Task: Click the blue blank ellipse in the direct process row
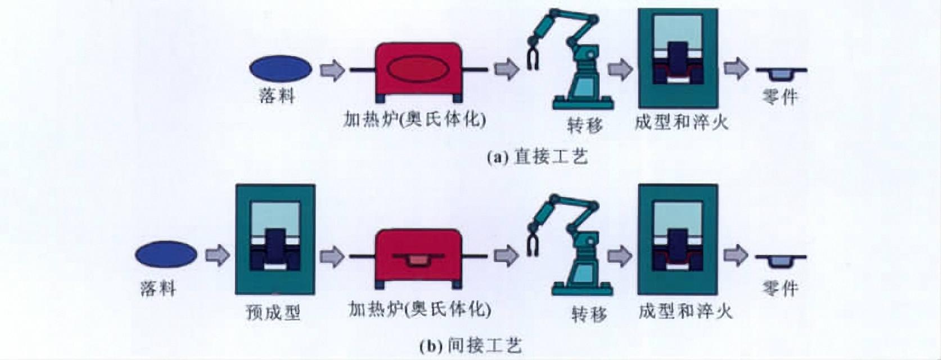[280, 69]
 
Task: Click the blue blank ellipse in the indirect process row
[166, 254]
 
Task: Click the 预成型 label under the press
[273, 312]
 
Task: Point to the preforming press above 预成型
[275, 239]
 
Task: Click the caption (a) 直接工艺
[538, 156]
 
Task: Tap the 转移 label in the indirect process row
[589, 313]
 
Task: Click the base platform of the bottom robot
[582, 290]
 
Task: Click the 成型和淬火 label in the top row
[681, 122]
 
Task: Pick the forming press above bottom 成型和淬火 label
[678, 239]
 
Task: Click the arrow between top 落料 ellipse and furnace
[332, 70]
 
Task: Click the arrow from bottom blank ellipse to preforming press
[217, 255]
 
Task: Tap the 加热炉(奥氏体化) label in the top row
[415, 119]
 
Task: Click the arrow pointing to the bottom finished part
[735, 255]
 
